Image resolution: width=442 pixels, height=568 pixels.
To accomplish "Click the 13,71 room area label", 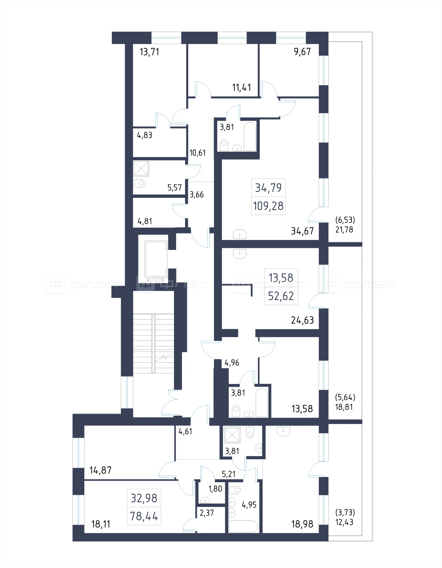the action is (149, 52).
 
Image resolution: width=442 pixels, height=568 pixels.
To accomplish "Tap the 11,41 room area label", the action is (241, 87).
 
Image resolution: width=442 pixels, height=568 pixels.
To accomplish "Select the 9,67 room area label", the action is (302, 51).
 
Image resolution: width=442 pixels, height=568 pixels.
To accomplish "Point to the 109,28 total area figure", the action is (268, 206).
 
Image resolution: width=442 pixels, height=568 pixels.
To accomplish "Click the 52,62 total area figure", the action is (281, 296).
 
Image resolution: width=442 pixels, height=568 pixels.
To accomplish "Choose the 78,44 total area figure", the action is (144, 516).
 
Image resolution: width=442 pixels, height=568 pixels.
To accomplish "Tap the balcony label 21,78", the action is (344, 230).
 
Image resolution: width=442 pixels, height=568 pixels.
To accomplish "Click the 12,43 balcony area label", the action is (344, 522).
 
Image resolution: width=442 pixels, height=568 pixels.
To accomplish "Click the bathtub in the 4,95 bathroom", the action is (243, 526).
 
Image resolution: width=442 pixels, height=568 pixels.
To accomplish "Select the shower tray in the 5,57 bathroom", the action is (141, 168).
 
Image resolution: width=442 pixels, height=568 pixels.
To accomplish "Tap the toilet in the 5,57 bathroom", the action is (140, 183).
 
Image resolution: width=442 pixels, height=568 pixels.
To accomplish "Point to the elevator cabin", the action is (156, 259).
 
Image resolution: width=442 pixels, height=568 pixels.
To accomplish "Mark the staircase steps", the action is (153, 343).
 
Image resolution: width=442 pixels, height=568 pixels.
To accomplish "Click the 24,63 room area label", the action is (302, 320).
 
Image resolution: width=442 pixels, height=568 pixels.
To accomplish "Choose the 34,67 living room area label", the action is (302, 231).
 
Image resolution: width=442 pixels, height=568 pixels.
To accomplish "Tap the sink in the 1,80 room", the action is (205, 500).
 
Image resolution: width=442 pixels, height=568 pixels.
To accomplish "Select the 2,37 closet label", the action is (207, 513).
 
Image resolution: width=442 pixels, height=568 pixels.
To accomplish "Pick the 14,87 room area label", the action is (100, 470).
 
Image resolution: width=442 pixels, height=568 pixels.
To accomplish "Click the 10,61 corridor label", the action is (198, 153).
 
